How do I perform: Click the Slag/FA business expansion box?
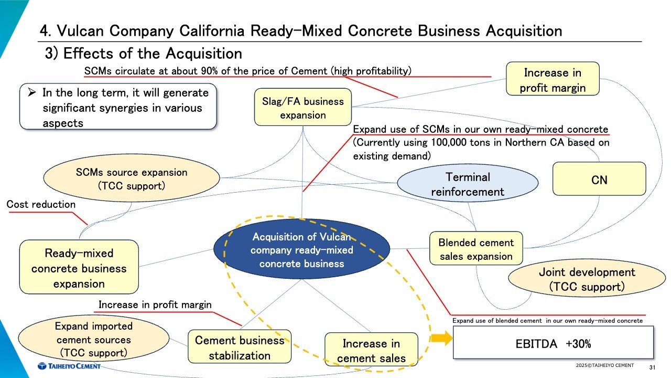[302, 108]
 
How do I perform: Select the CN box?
[599, 180]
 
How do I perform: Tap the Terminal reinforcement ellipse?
[468, 184]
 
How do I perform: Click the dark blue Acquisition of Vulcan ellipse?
[301, 250]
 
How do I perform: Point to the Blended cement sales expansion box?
[476, 249]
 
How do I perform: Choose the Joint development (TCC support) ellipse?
[587, 279]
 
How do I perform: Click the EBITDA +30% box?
[553, 343]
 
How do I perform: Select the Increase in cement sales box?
[371, 351]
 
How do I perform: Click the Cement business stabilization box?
[239, 347]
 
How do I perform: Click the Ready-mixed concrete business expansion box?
[79, 268]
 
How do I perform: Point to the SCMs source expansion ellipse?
[131, 178]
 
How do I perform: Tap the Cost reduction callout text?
[41, 204]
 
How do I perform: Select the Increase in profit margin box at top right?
[553, 80]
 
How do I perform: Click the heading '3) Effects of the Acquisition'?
[144, 54]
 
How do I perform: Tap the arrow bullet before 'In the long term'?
[32, 93]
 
